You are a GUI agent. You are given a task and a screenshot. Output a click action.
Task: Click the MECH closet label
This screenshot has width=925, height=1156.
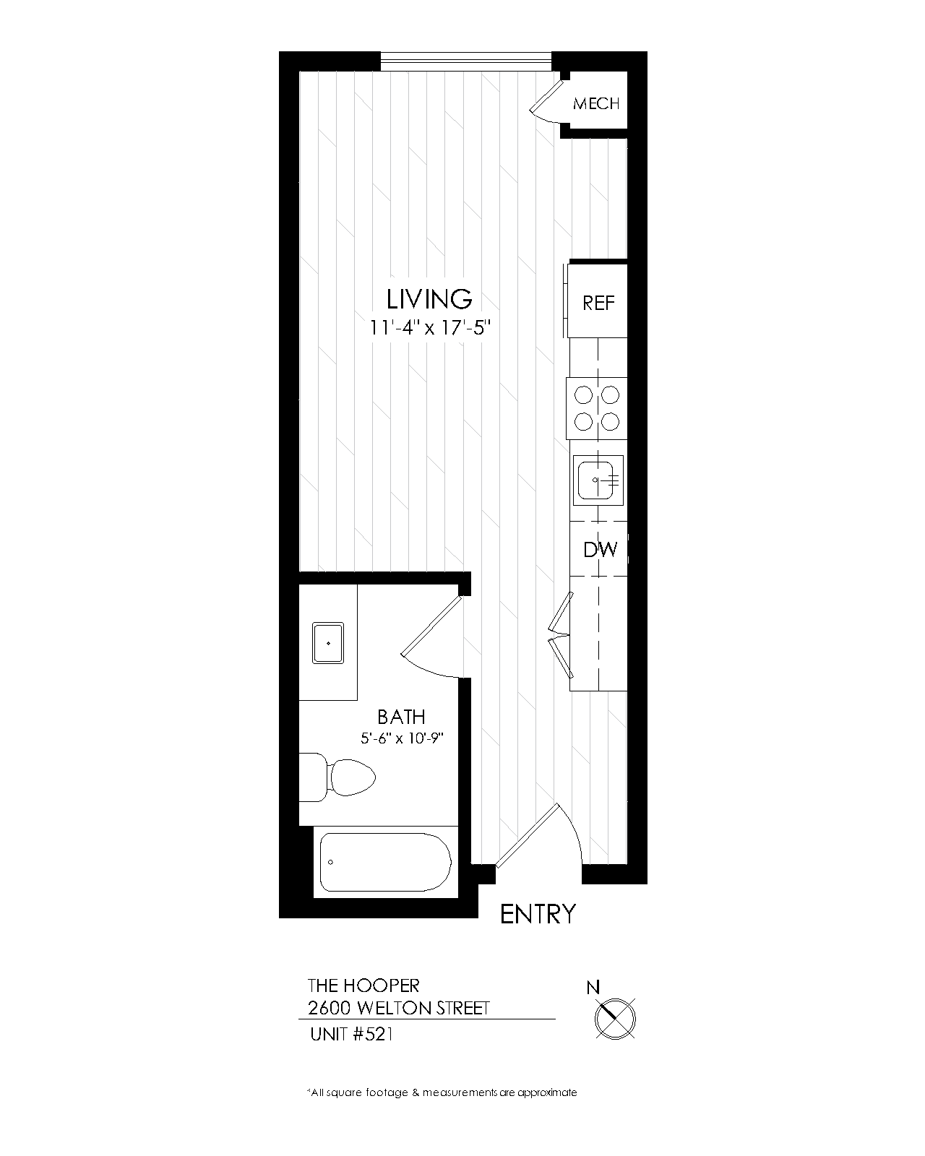(x=595, y=103)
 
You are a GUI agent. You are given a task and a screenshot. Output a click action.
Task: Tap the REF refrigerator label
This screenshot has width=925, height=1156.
(x=598, y=303)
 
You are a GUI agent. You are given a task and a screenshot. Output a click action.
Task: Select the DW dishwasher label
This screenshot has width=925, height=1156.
(x=601, y=549)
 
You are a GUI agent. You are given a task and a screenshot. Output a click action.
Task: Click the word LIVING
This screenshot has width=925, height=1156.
(x=429, y=299)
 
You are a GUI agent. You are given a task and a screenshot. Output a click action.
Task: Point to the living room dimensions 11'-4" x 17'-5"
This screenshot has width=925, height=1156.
(x=430, y=327)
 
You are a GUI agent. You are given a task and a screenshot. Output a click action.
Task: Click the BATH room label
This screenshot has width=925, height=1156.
(x=401, y=717)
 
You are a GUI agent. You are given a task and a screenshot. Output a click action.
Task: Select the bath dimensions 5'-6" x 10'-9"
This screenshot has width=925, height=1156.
(x=402, y=738)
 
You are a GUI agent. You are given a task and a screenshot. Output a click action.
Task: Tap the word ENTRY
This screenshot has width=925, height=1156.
(x=538, y=914)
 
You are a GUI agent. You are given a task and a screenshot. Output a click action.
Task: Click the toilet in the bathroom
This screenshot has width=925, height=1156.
(x=337, y=777)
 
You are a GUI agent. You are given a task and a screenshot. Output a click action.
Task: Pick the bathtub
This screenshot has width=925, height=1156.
(x=385, y=862)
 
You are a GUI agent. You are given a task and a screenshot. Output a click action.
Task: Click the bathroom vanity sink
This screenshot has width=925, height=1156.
(x=328, y=643)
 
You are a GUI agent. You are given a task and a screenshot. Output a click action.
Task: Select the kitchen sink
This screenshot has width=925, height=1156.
(x=598, y=480)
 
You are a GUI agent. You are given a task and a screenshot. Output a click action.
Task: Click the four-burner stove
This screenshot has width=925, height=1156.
(x=597, y=409)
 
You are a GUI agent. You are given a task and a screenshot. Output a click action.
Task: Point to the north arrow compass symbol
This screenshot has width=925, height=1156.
(x=615, y=1019)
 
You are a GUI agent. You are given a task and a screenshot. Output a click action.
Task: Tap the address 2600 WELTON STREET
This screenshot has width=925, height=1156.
(x=398, y=1009)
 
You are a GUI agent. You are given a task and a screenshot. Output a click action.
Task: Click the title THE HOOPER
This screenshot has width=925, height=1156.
(x=363, y=985)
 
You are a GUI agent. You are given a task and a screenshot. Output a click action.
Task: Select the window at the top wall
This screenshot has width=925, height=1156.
(x=466, y=61)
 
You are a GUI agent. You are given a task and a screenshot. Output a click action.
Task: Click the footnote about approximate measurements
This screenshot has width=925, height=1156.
(x=442, y=1092)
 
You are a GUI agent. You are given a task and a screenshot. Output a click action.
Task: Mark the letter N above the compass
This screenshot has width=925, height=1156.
(x=593, y=988)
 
